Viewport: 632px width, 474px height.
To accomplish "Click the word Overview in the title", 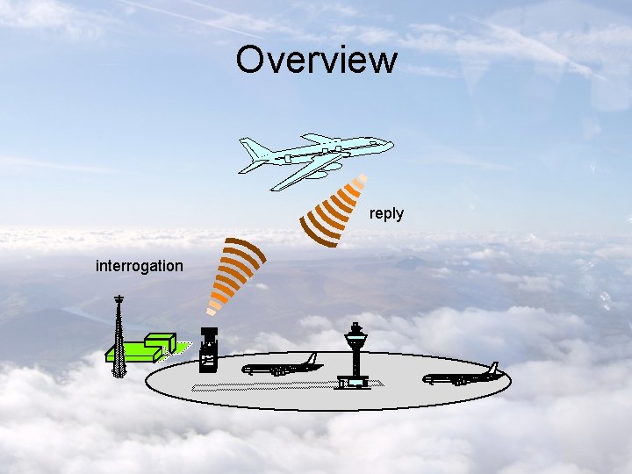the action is coord(316,60).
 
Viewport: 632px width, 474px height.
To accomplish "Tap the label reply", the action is coord(386,213).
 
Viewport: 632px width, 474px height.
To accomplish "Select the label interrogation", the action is coord(140,265).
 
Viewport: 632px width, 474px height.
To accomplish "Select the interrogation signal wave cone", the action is coord(233,272).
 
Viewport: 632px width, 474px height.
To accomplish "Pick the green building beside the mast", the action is coord(145,348).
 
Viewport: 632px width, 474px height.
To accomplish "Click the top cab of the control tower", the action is coord(355,333).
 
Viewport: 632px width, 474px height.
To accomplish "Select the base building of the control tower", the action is coord(355,382).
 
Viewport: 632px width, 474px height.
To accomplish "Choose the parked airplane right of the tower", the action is coord(462,377).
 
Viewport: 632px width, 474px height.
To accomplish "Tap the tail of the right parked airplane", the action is coord(493,369).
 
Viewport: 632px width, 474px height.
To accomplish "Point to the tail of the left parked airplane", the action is coord(311,359).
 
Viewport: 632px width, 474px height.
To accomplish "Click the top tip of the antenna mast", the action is coord(118,298).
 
